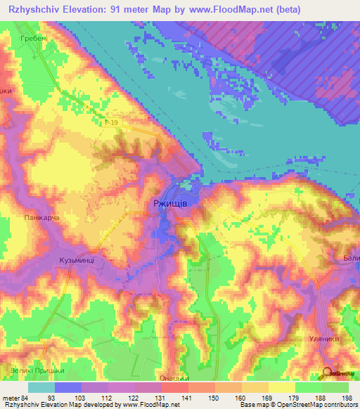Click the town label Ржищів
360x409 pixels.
pyautogui.click(x=169, y=202)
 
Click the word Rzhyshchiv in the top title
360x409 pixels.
pyautogui.click(x=30, y=10)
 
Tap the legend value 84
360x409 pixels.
pyautogui.click(x=27, y=398)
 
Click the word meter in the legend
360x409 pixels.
pyautogui.click(x=10, y=398)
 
